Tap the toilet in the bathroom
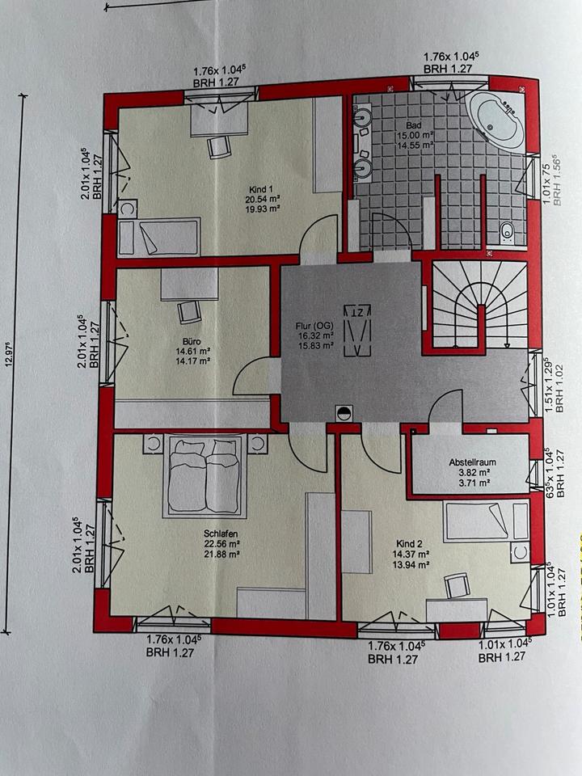[x=508, y=232]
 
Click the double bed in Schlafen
[x=205, y=479]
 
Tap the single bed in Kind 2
[x=477, y=521]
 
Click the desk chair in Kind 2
[x=456, y=584]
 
